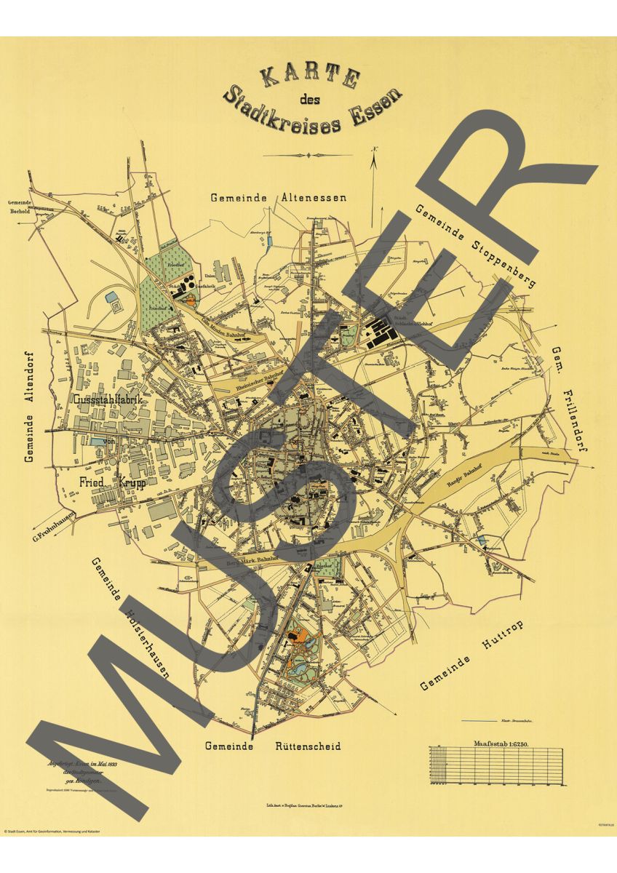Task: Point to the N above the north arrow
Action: [x=374, y=151]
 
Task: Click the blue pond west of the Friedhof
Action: [x=110, y=297]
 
